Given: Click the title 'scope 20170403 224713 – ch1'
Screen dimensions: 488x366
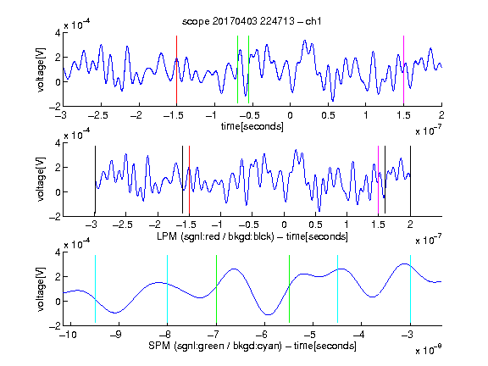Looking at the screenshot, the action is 252,21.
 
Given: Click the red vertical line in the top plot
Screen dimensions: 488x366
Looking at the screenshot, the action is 176,69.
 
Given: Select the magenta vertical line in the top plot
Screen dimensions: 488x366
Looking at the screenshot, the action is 403,69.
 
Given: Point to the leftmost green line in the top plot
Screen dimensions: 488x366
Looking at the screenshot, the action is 237,69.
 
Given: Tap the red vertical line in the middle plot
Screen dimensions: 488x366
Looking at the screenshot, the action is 189,180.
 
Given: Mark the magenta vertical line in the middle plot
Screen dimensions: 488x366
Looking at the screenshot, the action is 378,180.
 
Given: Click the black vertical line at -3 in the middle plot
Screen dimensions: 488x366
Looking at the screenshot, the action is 95,180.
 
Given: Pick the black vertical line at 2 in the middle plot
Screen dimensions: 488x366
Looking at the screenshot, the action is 410,180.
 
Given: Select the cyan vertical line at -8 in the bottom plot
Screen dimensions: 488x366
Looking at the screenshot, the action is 167,289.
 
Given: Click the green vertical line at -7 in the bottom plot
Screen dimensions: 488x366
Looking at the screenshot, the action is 216,289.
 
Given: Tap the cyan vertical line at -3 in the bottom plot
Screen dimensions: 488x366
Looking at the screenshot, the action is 410,289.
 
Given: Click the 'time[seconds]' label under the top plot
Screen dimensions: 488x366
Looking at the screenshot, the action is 252,126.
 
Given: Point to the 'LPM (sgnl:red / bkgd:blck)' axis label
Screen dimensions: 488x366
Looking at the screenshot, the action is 215,236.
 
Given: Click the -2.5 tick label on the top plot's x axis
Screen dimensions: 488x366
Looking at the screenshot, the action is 97,115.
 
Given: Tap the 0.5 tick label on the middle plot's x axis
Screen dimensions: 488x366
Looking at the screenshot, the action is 315,225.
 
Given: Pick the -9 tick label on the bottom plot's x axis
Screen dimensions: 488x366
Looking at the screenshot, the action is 116,335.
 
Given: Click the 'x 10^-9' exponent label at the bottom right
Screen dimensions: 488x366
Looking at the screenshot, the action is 429,350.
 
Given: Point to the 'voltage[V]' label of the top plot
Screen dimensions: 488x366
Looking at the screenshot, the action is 41,69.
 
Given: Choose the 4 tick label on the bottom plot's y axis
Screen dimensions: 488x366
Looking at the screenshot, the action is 58,252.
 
